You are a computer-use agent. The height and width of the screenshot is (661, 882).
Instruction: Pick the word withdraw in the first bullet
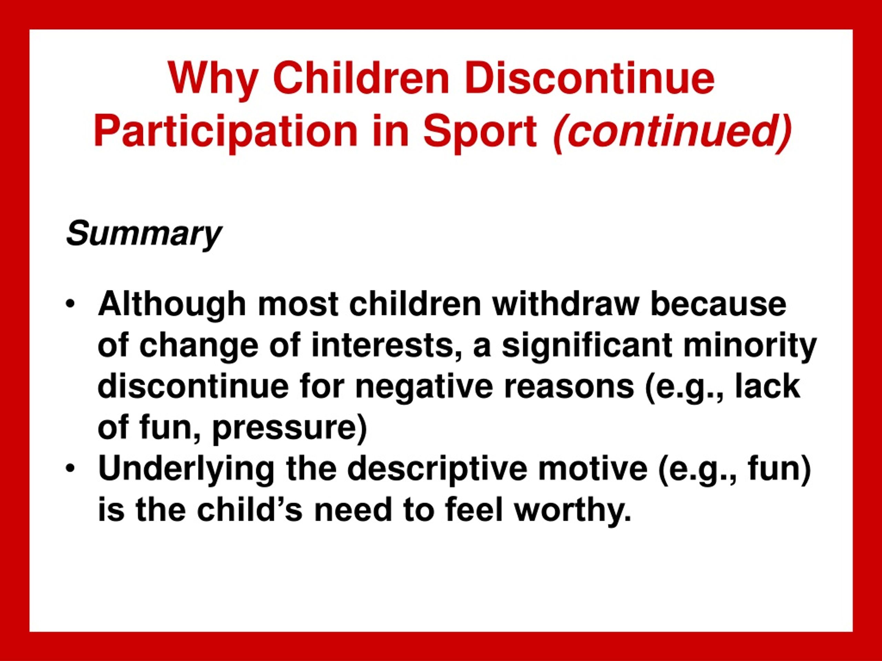point(565,304)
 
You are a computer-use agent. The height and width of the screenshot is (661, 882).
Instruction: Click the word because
point(718,305)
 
